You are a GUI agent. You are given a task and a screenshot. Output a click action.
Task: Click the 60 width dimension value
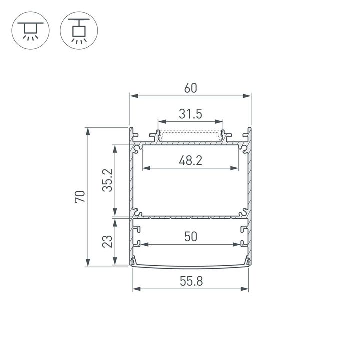pos(190,88)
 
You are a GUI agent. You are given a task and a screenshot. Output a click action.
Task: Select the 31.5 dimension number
pos(190,114)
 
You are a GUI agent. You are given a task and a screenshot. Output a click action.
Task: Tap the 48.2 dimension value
pos(190,161)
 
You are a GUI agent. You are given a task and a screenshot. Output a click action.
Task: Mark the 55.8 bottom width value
pos(190,281)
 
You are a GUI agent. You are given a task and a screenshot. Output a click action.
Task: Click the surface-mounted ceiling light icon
pos(29,30)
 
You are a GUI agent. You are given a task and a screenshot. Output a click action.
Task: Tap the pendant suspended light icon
pos(78,30)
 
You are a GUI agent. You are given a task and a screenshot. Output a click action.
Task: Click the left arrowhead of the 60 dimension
pos(133,96)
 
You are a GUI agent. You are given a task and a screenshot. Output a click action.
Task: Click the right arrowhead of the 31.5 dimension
pos(220,121)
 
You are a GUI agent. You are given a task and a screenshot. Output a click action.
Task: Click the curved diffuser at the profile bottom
pos(190,265)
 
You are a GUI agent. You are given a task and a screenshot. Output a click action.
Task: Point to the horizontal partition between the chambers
pos(190,217)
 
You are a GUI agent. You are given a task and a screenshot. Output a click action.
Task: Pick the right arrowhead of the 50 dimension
pos(237,245)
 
